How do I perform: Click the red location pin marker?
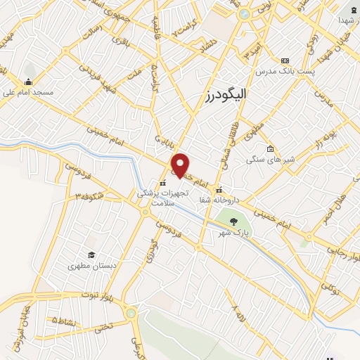181,165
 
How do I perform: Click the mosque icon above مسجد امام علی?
28,81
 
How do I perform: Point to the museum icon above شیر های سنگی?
270,149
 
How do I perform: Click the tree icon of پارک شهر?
233,221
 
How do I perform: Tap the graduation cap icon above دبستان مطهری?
91,255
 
